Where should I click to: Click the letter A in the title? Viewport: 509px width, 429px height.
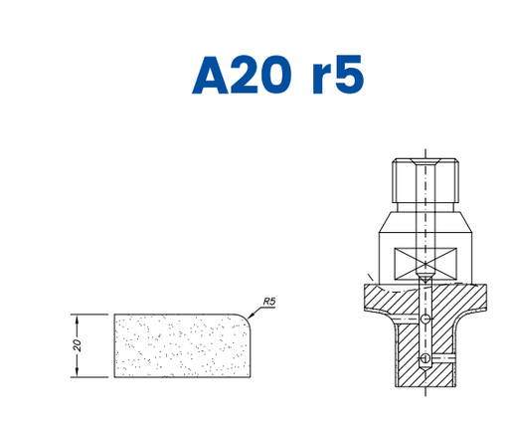tap(211, 75)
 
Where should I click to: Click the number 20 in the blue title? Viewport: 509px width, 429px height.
tap(261, 75)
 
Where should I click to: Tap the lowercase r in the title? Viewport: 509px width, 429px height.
tap(322, 79)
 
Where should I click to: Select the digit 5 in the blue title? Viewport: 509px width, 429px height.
tap(349, 75)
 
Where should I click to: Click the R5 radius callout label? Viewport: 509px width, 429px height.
tap(269, 302)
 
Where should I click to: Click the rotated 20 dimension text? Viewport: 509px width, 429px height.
tap(78, 345)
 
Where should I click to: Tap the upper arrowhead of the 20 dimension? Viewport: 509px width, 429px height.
tap(77, 319)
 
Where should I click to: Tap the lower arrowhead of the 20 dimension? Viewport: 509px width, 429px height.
tap(77, 372)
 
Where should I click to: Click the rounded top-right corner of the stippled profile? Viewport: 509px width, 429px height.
tap(246, 318)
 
